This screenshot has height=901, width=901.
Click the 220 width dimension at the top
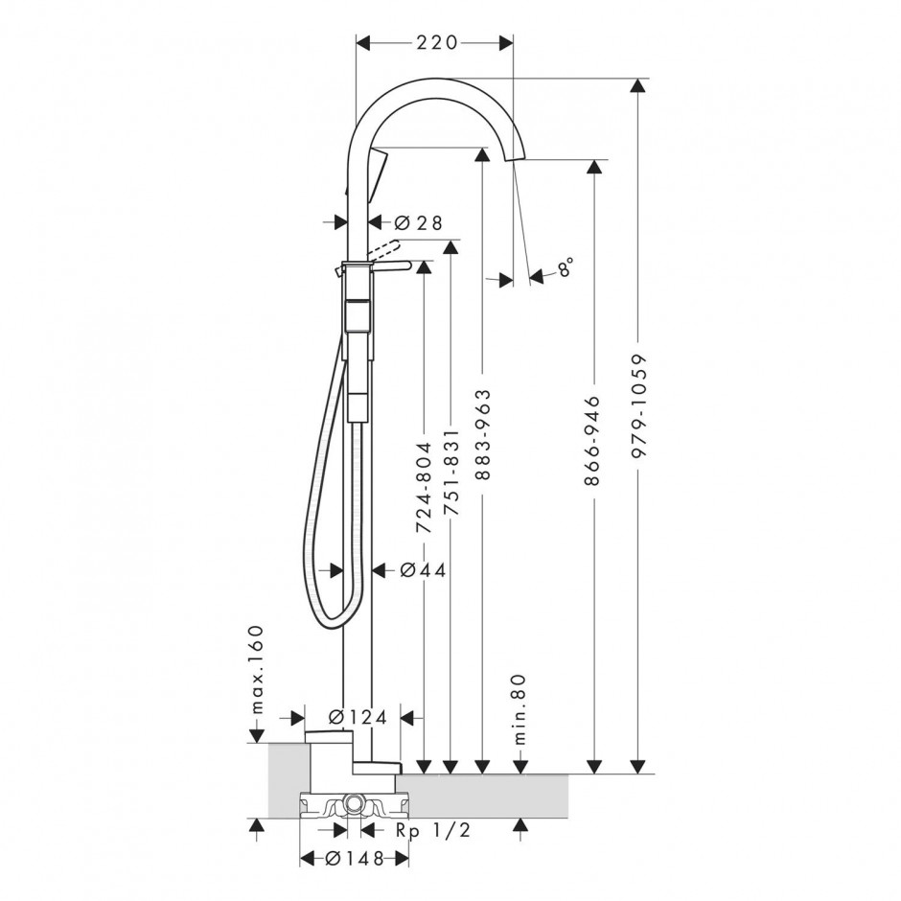pyautogui.click(x=436, y=42)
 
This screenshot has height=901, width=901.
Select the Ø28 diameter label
pyautogui.click(x=420, y=221)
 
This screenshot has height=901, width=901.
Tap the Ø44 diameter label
pyautogui.click(x=423, y=570)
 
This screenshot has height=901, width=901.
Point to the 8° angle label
pyautogui.click(x=566, y=267)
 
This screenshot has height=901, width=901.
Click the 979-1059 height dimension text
pyautogui.click(x=638, y=405)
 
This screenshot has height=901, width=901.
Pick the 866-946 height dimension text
pyautogui.click(x=591, y=440)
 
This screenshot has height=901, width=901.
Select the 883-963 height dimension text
pyautogui.click(x=483, y=434)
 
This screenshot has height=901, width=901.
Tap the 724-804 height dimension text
pyautogui.click(x=423, y=487)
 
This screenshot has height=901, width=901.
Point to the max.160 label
pyautogui.click(x=257, y=669)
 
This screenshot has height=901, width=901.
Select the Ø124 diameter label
pyautogui.click(x=358, y=717)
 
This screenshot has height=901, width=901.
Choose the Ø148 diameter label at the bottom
pyautogui.click(x=354, y=859)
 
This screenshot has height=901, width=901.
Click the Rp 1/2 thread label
pyautogui.click(x=433, y=830)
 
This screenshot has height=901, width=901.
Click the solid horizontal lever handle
pyautogui.click(x=391, y=266)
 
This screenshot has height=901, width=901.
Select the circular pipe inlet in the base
pyautogui.click(x=354, y=802)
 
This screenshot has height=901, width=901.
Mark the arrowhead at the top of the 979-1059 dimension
pyautogui.click(x=636, y=85)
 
